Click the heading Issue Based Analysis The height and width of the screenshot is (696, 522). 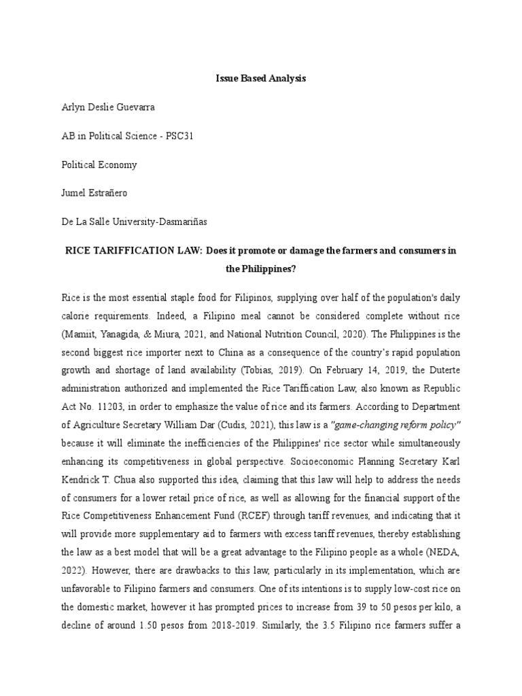[x=261, y=79]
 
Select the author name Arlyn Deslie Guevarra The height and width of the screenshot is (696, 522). [x=112, y=107]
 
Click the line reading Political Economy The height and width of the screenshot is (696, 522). [x=99, y=164]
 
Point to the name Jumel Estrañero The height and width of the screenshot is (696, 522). [x=94, y=193]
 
